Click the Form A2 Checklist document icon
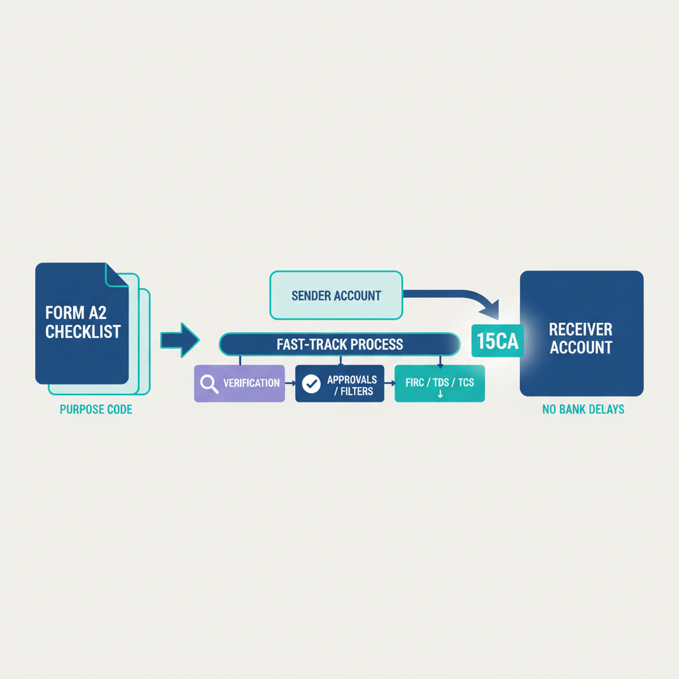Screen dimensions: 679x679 82,324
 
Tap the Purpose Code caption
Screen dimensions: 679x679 96,409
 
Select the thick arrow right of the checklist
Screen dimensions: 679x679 180,341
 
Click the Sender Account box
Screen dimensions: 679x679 336,295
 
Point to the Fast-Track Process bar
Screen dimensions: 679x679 339,344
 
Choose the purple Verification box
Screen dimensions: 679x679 239,383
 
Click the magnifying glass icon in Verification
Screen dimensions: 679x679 209,384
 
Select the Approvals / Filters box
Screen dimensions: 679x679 339,383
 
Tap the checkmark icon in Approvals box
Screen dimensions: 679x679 311,383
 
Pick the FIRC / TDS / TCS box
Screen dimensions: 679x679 440,383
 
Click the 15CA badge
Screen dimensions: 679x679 497,341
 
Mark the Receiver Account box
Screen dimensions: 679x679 581,333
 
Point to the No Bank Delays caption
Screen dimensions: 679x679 583,409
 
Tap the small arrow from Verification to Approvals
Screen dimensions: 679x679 290,383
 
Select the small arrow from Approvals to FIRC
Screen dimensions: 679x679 389,383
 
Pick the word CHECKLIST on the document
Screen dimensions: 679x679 83,332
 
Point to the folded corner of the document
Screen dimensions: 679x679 117,275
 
